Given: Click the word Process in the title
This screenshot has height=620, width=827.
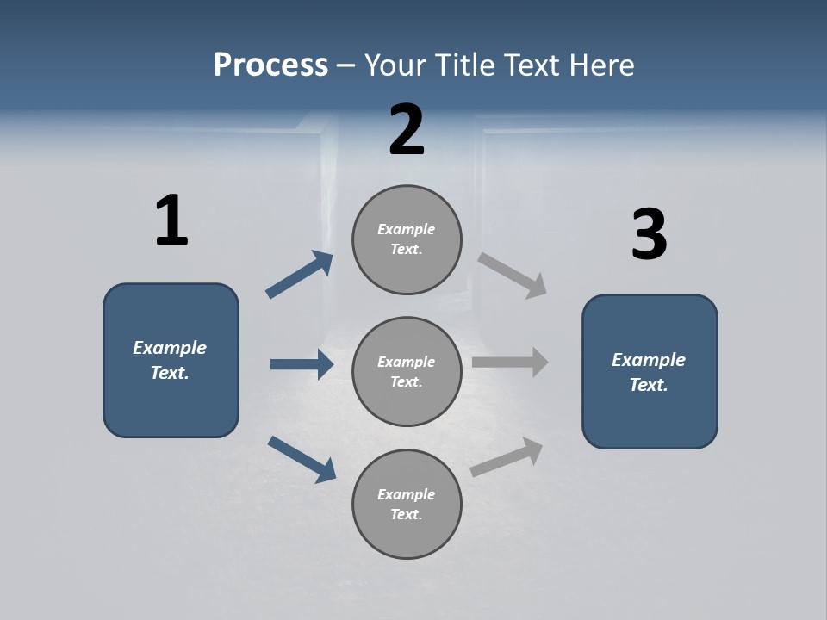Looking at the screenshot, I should (270, 65).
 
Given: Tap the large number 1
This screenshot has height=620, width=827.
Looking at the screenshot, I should (171, 220).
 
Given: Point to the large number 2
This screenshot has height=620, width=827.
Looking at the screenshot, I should (407, 130).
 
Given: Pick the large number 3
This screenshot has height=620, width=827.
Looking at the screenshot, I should (649, 235).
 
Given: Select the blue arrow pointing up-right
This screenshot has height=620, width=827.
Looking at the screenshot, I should (300, 275).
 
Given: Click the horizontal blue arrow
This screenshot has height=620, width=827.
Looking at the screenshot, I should (302, 364).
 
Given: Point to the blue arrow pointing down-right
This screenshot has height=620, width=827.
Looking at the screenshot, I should (302, 459).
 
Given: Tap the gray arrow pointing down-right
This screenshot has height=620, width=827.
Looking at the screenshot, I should (513, 276).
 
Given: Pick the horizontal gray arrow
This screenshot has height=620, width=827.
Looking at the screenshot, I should (510, 363).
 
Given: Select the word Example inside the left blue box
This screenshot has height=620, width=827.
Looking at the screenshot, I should (170, 348).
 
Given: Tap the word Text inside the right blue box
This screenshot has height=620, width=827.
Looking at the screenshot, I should (649, 385).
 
